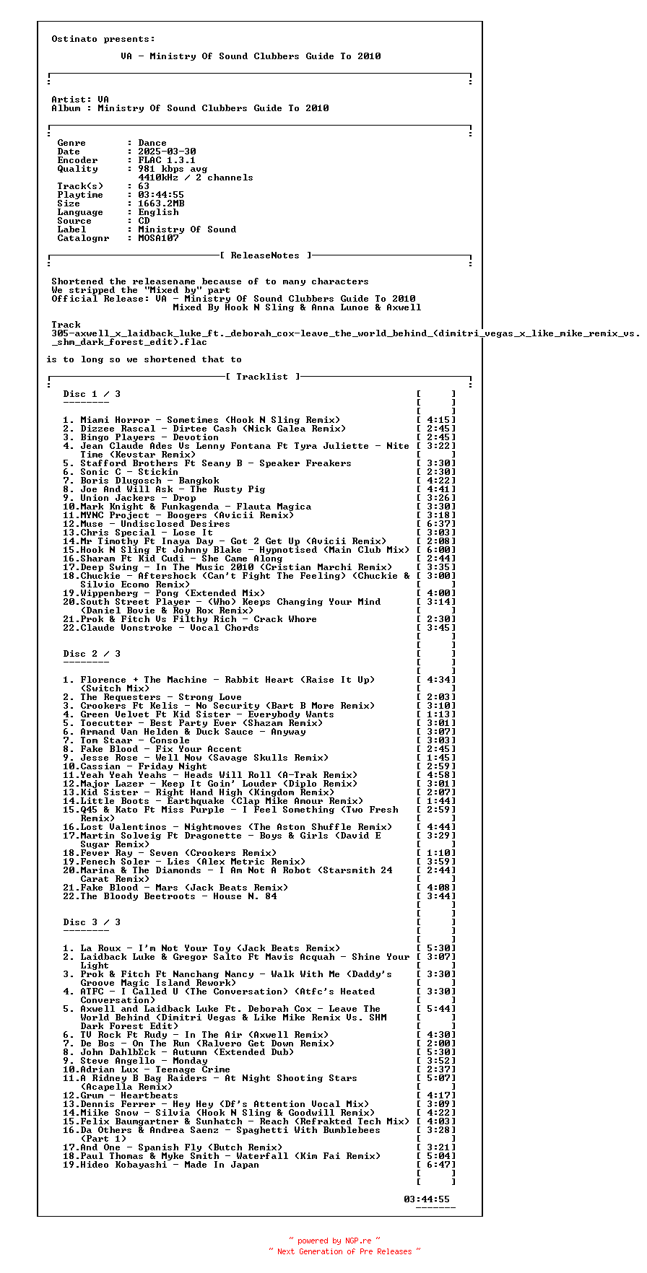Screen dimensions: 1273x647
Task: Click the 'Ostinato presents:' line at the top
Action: click(x=103, y=39)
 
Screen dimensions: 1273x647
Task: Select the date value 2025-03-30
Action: click(x=167, y=152)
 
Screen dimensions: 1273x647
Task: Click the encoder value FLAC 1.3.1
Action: click(x=167, y=160)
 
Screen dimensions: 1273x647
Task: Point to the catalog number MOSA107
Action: click(x=158, y=238)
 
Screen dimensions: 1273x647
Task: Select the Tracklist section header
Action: click(x=262, y=377)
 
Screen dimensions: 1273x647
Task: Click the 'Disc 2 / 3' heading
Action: click(x=92, y=654)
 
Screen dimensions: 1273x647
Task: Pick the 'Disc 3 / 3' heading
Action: click(x=92, y=922)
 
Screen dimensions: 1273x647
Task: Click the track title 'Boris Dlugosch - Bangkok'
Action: click(x=149, y=481)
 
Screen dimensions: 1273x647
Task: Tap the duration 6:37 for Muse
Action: click(x=436, y=524)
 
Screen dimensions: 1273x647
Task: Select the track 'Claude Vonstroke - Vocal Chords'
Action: click(x=170, y=628)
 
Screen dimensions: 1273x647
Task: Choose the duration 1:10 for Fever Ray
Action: click(x=436, y=853)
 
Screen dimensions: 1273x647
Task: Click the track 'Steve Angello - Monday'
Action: click(x=144, y=1061)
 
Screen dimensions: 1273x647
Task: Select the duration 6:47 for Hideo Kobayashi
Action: click(x=436, y=1165)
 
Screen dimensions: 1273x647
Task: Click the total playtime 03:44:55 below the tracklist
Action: click(x=427, y=1199)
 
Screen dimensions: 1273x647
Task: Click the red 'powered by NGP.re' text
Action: click(x=334, y=1241)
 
